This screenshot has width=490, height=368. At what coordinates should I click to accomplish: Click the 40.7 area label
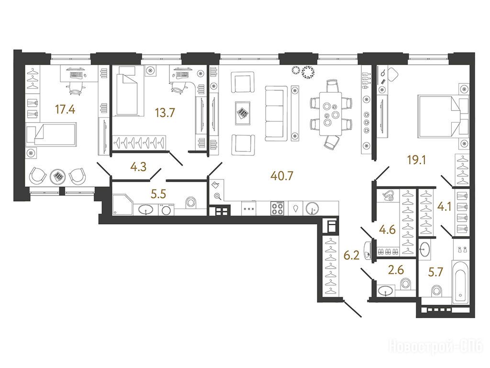pos(282,176)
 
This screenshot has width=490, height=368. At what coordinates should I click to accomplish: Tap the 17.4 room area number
pos(65,110)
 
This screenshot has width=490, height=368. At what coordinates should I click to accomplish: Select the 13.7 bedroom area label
pos(165,112)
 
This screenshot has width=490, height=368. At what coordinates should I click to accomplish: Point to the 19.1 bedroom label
pos(417,160)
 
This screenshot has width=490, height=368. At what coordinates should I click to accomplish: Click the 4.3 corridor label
pos(138,167)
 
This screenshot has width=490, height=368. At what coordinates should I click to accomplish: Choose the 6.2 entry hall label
pos(352,255)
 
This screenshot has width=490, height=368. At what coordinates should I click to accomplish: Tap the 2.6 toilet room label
pos(396,269)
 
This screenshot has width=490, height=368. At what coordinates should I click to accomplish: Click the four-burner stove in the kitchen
pos(277,208)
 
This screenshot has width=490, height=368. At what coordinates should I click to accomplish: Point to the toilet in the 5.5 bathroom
pos(190,203)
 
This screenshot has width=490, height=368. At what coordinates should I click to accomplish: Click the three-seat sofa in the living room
pos(276,114)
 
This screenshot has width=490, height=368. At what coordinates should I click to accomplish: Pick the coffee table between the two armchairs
pos(243,113)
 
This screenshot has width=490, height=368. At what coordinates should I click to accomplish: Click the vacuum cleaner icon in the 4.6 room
pos(389,196)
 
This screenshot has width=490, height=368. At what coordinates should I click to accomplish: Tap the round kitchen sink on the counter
pos(312,208)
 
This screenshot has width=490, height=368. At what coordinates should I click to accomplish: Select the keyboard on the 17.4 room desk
pos(77,75)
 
